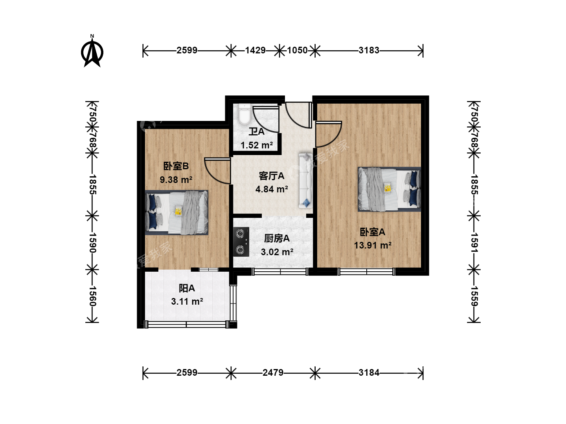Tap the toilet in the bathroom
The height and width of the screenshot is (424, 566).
(244, 114)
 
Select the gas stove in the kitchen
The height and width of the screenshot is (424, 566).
(241, 242)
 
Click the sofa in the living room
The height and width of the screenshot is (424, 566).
(305, 181)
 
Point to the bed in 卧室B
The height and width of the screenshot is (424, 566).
(176, 213)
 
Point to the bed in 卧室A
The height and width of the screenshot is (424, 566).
(390, 189)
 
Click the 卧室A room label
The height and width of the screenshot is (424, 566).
(372, 232)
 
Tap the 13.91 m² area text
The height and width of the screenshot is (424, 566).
(373, 245)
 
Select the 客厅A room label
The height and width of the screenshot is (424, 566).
(272, 176)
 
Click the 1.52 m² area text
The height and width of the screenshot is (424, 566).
(257, 145)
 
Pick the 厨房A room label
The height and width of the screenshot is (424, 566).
(277, 239)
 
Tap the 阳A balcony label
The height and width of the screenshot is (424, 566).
(187, 288)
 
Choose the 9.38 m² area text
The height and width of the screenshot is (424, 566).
(176, 179)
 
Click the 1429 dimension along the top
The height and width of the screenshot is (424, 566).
(255, 50)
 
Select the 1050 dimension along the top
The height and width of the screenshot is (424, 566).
(297, 50)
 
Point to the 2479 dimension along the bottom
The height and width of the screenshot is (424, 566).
(273, 373)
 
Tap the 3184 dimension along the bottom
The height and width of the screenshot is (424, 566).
(369, 373)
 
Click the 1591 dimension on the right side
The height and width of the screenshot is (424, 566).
(474, 243)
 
